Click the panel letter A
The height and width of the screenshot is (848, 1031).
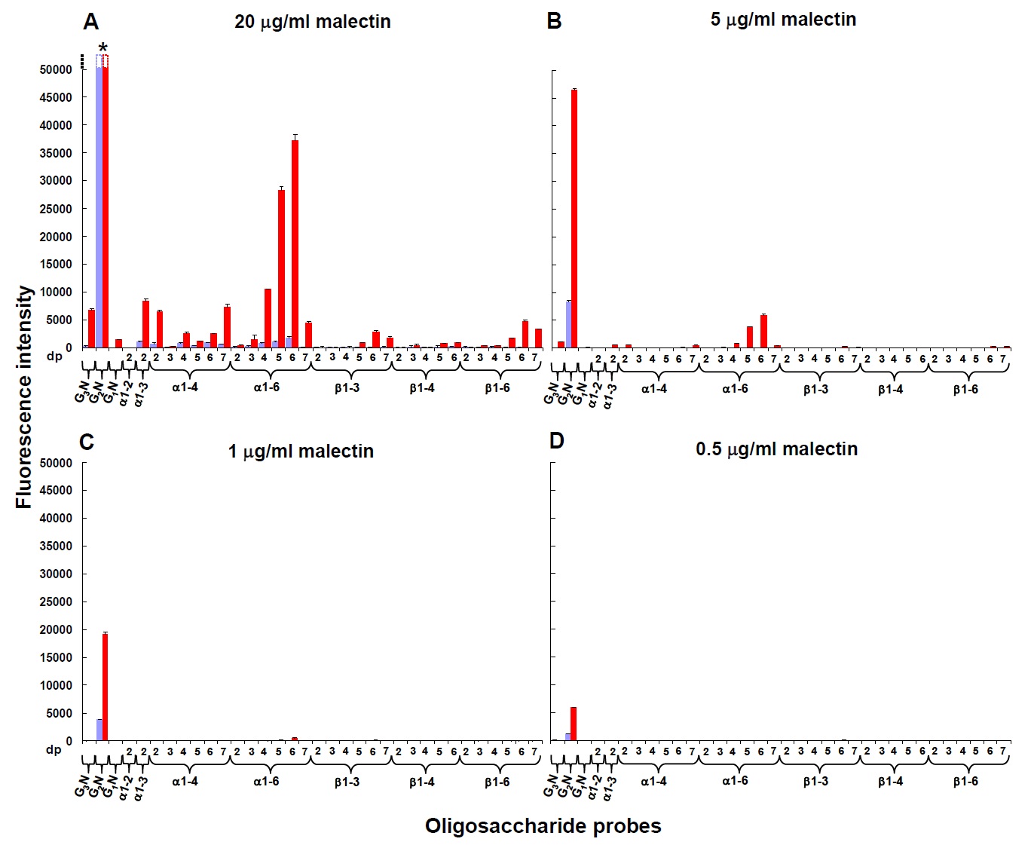91,23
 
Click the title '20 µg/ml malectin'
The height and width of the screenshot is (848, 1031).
312,22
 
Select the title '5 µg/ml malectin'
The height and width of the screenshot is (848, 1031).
783,20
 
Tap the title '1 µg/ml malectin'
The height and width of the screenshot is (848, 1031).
301,452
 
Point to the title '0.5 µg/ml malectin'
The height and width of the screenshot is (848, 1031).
776,449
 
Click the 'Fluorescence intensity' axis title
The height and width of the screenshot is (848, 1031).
25,396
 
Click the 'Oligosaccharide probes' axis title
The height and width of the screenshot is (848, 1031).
543,826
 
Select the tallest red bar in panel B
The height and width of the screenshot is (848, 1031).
574,219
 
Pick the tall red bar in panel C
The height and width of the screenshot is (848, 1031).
106,687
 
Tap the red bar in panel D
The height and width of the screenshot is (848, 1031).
574,724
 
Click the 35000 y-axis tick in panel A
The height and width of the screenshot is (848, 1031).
56,153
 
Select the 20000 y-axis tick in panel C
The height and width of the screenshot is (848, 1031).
56,629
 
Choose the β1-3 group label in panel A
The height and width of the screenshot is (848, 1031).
347,388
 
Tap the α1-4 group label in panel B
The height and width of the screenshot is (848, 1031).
653,389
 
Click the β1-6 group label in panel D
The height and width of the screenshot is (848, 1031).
965,782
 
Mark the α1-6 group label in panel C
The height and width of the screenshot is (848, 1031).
266,782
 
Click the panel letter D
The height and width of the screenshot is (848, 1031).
557,441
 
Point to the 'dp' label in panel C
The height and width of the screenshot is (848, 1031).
54,750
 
